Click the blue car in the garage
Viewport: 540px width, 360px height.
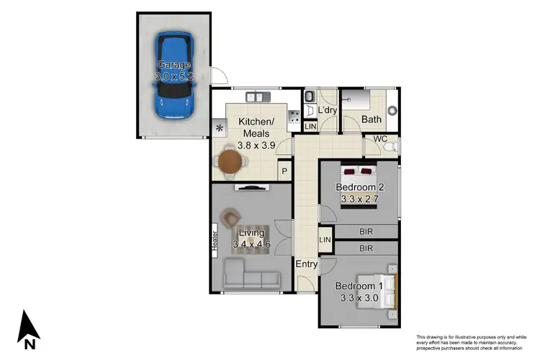click(x=175, y=76)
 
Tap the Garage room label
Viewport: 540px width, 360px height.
click(x=174, y=65)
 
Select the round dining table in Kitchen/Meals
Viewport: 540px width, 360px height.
click(x=230, y=158)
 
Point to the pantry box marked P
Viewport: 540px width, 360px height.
click(x=284, y=171)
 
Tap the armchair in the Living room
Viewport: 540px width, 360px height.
click(x=231, y=217)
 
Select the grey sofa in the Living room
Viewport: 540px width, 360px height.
click(x=251, y=275)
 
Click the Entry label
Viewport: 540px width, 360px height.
click(x=307, y=264)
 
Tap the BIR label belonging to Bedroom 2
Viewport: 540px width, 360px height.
click(x=366, y=232)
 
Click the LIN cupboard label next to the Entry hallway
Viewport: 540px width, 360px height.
click(x=325, y=239)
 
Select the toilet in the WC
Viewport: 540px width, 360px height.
click(x=388, y=147)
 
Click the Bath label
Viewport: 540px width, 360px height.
click(x=372, y=120)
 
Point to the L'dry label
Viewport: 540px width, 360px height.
click(x=328, y=110)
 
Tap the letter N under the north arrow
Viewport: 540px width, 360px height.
click(x=29, y=345)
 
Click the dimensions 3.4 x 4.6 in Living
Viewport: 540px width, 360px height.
click(x=251, y=245)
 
